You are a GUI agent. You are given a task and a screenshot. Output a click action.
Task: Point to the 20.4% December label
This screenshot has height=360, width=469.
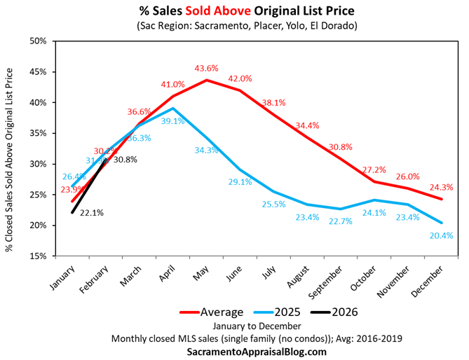point(442,235)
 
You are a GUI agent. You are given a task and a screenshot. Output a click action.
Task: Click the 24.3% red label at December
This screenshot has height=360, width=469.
point(442,187)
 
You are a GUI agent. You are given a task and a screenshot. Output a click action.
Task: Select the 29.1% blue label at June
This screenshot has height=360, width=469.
point(240,181)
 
